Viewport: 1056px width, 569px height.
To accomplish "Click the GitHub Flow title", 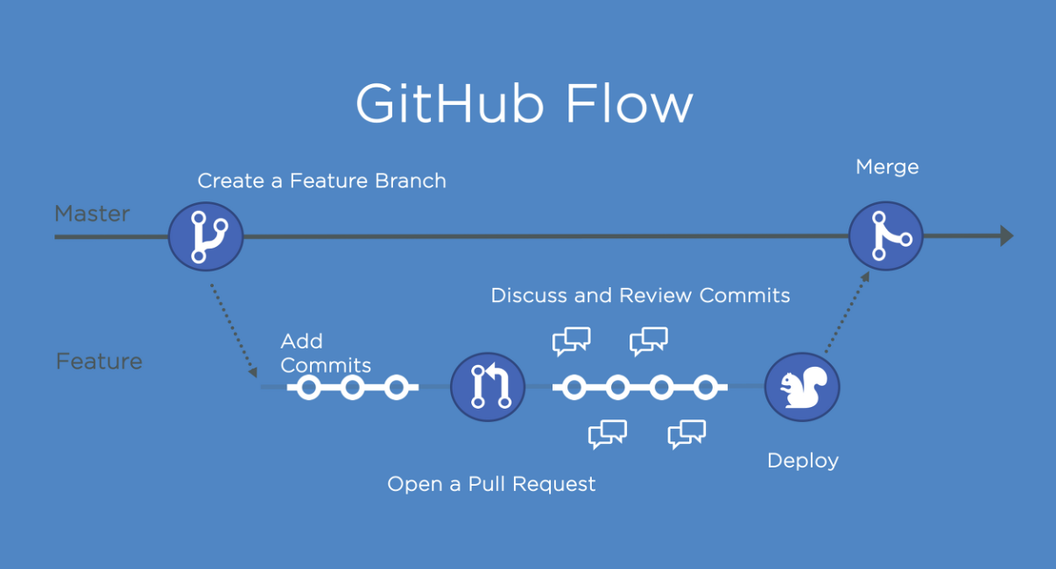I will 524,103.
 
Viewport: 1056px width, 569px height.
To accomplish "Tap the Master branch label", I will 92,214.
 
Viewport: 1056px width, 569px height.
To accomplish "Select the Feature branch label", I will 99,362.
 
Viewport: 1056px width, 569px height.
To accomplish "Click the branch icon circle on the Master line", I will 206,235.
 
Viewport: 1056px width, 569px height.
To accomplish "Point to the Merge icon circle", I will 886,235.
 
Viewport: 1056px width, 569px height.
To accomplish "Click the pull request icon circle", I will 488,386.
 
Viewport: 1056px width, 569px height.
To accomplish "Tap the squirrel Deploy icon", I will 801,386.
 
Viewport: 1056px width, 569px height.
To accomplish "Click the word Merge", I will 887,166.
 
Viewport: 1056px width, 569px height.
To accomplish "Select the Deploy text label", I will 802,460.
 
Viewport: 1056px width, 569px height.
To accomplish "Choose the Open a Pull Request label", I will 491,483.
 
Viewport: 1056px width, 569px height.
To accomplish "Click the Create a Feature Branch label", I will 321,181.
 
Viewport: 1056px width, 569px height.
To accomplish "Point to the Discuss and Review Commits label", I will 640,295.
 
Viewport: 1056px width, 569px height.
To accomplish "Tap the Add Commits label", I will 325,353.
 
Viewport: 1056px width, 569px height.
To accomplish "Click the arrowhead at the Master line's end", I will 1006,235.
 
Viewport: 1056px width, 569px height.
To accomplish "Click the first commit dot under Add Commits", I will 308,387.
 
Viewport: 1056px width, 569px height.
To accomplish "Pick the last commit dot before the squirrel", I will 706,387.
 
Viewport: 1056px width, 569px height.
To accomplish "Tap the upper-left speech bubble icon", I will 571,341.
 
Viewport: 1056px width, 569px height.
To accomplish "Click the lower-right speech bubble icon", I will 686,433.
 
